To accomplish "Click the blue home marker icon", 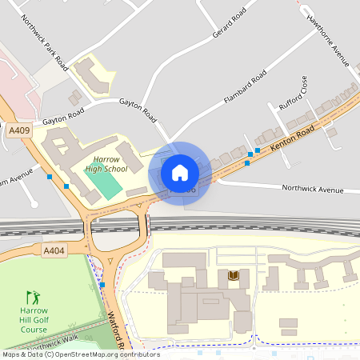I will [x=180, y=172].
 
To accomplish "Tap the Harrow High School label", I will [x=106, y=164].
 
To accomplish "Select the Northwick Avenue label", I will [x=312, y=189].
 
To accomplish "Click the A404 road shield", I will [x=54, y=251].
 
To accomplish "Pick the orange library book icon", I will [x=234, y=275].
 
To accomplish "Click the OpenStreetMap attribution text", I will [x=80, y=354].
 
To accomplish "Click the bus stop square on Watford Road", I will [x=102, y=285].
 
